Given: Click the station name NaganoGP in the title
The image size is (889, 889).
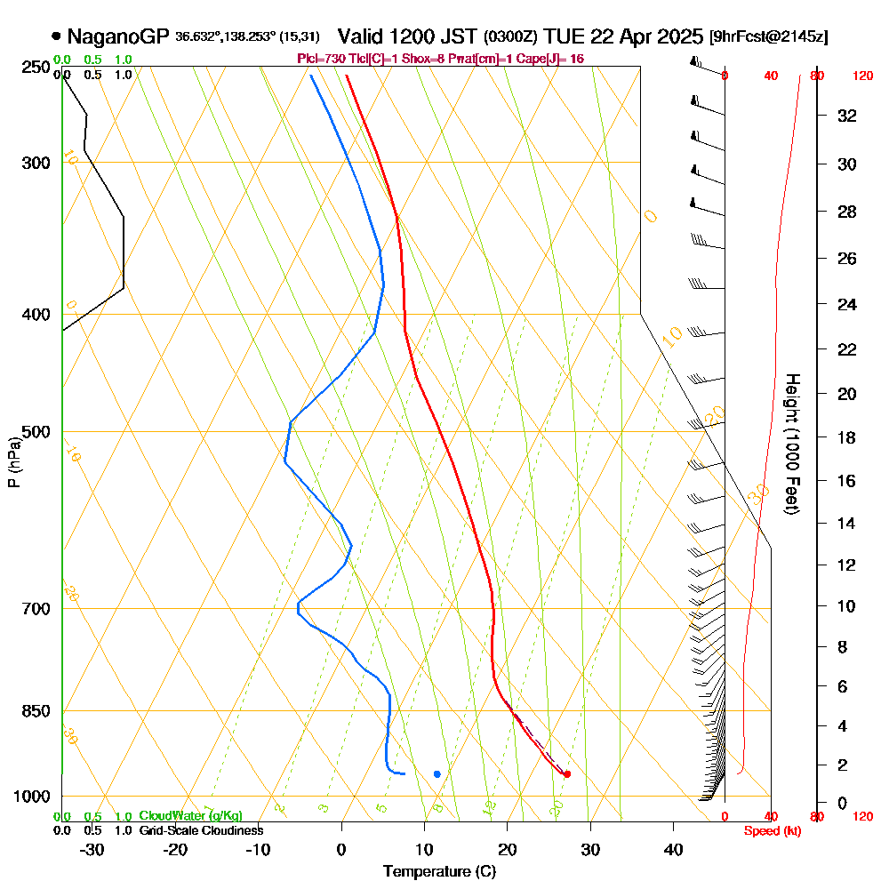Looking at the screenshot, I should pos(117,36).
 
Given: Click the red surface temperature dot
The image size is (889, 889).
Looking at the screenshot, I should pos(567,774).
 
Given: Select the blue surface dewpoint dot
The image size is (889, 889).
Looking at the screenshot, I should pos(436,774).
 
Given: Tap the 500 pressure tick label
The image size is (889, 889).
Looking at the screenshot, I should pos(37,432).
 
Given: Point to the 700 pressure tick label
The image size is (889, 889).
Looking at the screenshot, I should pos(37,609).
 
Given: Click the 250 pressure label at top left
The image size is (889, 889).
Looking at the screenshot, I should pos(37,67).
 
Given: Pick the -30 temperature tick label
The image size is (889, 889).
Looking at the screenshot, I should pos(92,849).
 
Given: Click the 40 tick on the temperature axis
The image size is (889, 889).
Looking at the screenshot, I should pos(674,849).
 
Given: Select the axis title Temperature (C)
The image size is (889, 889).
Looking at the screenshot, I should pos(439,872).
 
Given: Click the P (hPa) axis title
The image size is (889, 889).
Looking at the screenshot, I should pos(13,461).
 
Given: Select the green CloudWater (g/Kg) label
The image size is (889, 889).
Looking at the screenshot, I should pos(190,816).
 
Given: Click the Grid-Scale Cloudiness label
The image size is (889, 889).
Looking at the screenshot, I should pos(201,830).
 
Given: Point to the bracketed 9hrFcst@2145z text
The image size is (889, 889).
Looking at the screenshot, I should pos(768,37).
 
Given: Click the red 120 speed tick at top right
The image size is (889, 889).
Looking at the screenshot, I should pos(862,76).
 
